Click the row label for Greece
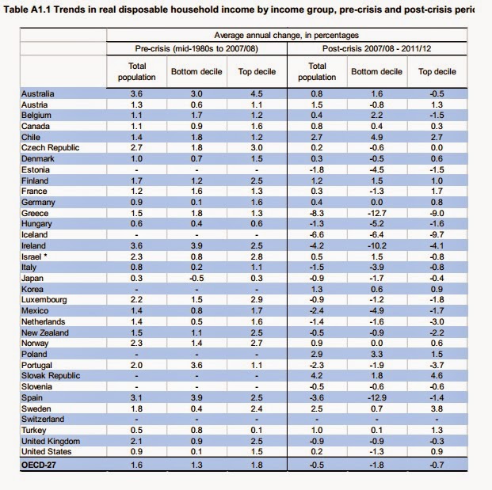click(35, 213)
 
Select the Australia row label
click(38, 93)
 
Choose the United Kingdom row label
click(50, 441)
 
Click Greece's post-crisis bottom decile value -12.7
click(376, 213)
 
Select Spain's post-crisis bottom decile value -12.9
click(376, 397)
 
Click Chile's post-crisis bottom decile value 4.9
click(376, 137)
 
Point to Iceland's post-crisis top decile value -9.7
click(437, 234)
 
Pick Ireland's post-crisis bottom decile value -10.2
click(376, 245)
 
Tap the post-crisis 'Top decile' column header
click(437, 72)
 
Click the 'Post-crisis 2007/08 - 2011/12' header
click(375, 50)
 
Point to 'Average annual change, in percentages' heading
click(286, 36)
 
